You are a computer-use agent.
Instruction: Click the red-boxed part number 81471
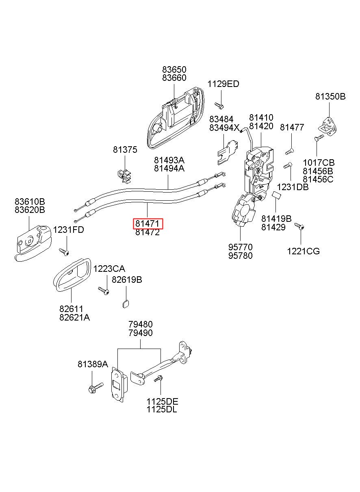(x=147, y=223)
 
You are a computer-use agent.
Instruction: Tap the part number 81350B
(x=330, y=96)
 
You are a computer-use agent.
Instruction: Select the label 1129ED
(x=223, y=84)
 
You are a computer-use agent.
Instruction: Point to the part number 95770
(x=240, y=247)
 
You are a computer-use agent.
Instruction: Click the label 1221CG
(x=304, y=251)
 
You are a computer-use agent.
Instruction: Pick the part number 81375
(x=125, y=150)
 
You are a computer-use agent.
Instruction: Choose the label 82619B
(x=127, y=280)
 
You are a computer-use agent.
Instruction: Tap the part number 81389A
(x=93, y=364)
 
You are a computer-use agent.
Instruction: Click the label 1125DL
(x=162, y=410)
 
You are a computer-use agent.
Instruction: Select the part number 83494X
(x=224, y=128)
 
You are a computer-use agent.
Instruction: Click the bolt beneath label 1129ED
(x=219, y=106)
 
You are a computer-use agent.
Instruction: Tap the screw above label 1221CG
(x=299, y=226)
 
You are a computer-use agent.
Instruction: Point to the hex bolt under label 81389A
(x=95, y=388)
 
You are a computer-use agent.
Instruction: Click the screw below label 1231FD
(x=64, y=252)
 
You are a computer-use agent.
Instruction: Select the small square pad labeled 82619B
(x=126, y=304)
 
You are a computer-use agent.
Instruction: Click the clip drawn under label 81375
(x=125, y=176)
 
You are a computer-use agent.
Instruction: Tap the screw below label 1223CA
(x=104, y=290)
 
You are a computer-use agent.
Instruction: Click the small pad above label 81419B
(x=277, y=195)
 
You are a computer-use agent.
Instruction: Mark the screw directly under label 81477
(x=290, y=151)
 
